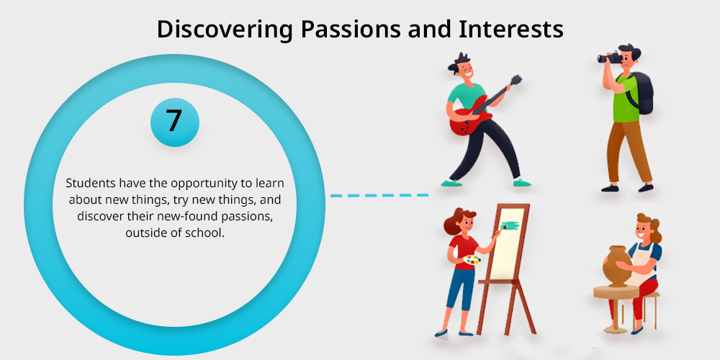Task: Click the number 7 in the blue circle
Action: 174,121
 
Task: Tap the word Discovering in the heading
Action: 225,30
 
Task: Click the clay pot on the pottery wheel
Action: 617,266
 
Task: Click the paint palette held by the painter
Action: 472,260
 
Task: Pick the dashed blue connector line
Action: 379,196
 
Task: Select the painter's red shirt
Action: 462,251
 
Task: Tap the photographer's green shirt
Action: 626,98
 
